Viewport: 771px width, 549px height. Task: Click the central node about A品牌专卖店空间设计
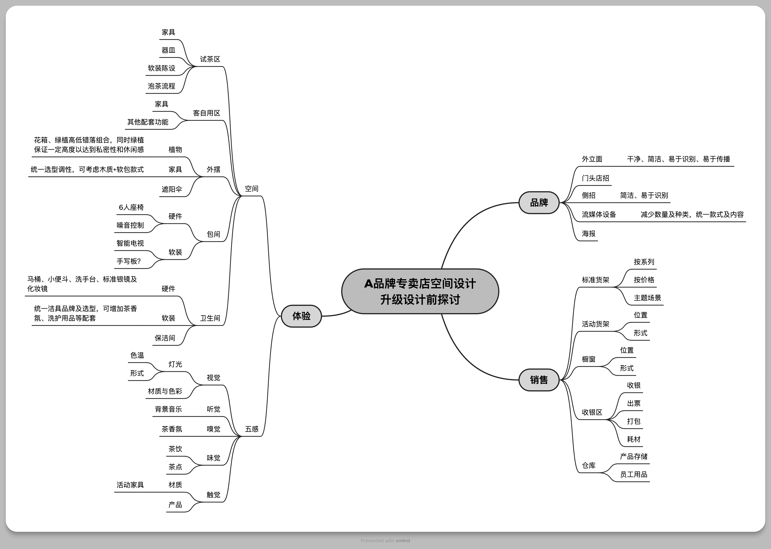(420, 291)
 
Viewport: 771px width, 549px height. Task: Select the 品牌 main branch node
(539, 203)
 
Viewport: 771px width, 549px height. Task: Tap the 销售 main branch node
(539, 380)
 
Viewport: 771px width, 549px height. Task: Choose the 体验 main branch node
(301, 316)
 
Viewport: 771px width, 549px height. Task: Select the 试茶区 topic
(210, 59)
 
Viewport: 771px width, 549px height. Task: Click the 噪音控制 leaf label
(130, 225)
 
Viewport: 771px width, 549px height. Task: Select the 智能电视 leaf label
(130, 243)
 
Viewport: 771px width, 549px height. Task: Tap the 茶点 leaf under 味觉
(175, 467)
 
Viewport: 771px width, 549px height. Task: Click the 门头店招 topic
(595, 178)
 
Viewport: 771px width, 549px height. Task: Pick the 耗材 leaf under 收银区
(633, 439)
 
